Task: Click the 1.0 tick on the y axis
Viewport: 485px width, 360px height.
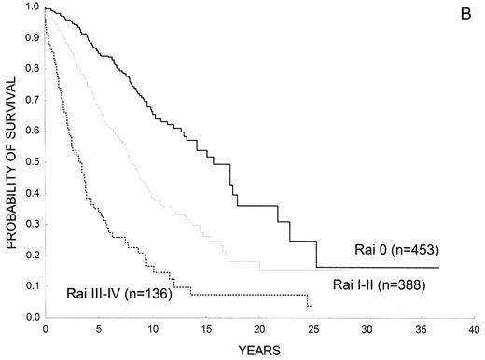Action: pos(32,7)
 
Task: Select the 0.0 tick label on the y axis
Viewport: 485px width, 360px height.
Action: pos(32,318)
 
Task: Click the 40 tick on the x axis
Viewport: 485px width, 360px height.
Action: pos(475,330)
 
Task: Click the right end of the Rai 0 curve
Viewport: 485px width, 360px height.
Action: pos(439,267)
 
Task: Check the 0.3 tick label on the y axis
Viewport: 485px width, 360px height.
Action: pos(32,225)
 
